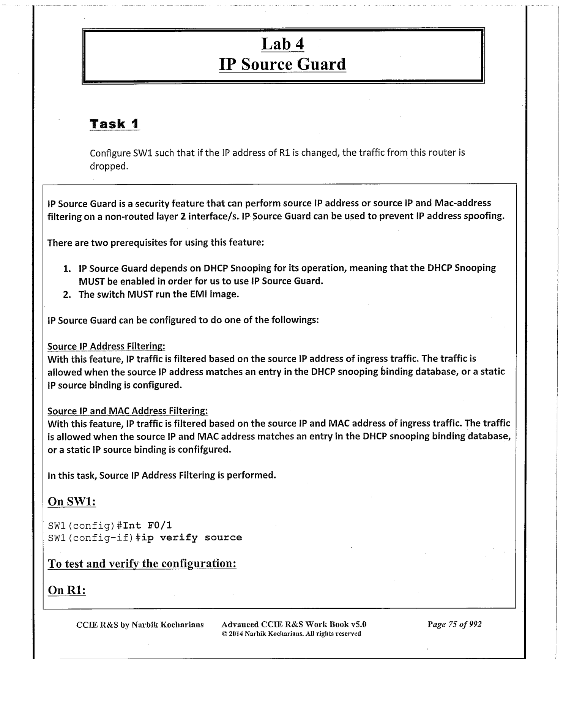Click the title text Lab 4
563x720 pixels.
[x=282, y=44]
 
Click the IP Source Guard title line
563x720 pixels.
[x=282, y=64]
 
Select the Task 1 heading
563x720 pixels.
[x=115, y=124]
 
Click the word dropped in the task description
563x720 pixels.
[x=107, y=166]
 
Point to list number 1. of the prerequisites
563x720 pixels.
[x=67, y=269]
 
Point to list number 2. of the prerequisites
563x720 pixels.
[x=67, y=295]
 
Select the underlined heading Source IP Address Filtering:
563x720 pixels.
[x=106, y=346]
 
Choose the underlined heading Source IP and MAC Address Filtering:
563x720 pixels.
[x=128, y=411]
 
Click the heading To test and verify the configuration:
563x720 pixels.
[x=142, y=564]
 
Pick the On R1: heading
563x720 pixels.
[x=67, y=591]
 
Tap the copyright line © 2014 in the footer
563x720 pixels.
[x=291, y=634]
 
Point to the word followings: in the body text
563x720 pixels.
[x=295, y=320]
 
